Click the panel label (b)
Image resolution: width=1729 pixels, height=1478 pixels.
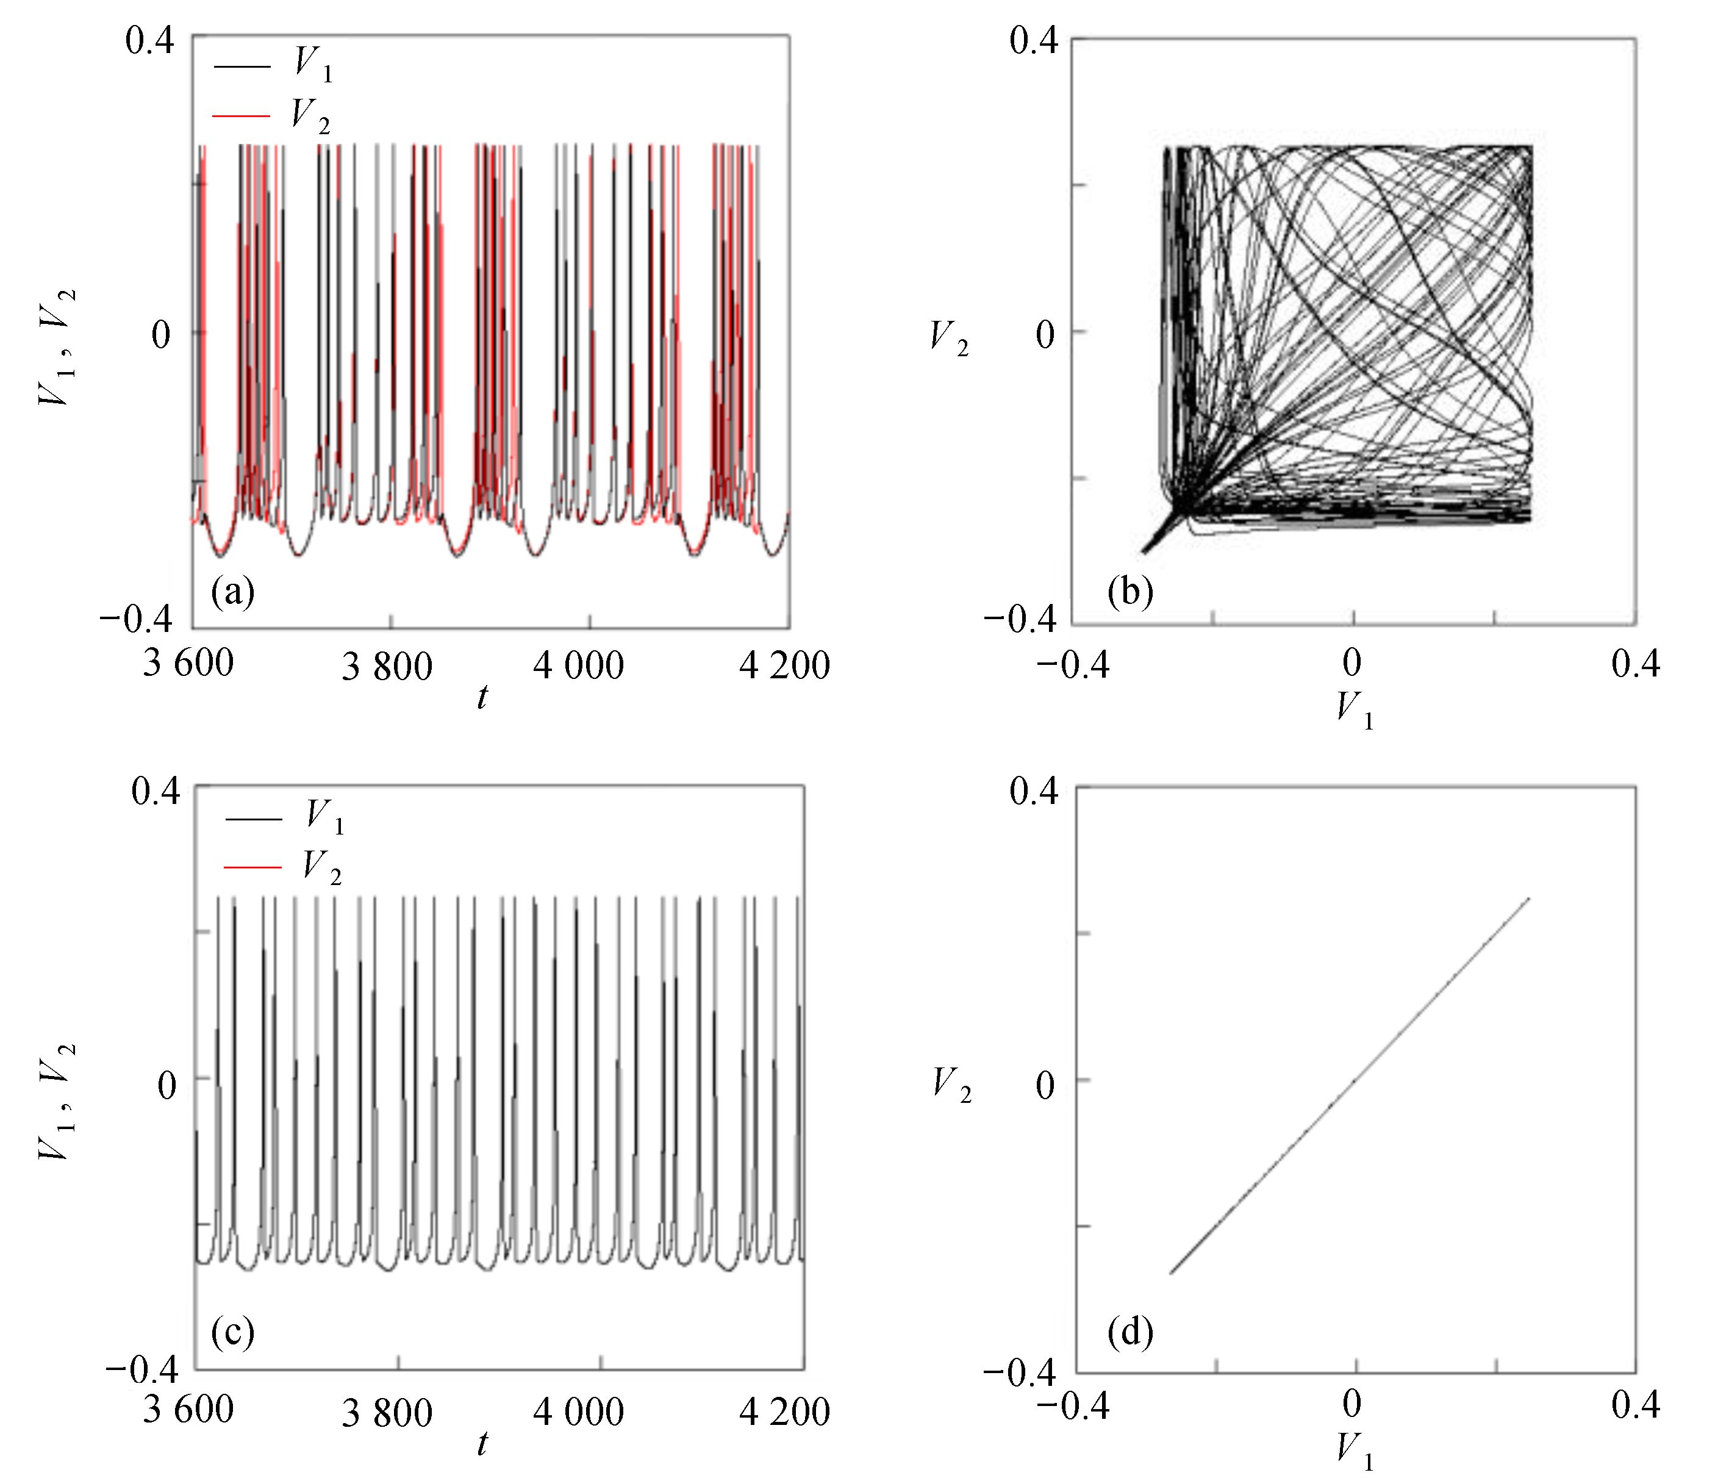click(1130, 591)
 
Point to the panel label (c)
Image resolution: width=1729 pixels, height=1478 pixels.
click(233, 1332)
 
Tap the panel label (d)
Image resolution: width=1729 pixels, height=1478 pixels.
click(1130, 1333)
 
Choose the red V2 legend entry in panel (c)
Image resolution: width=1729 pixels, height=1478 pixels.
click(284, 868)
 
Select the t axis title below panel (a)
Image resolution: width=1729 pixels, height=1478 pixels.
click(482, 697)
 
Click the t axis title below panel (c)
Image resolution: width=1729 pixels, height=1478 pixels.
click(482, 1442)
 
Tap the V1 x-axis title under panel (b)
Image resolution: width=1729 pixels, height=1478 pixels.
click(1353, 709)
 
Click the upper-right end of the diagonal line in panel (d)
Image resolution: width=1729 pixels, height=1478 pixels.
click(1529, 899)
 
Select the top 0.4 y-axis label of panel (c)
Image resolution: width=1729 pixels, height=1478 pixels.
click(154, 791)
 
